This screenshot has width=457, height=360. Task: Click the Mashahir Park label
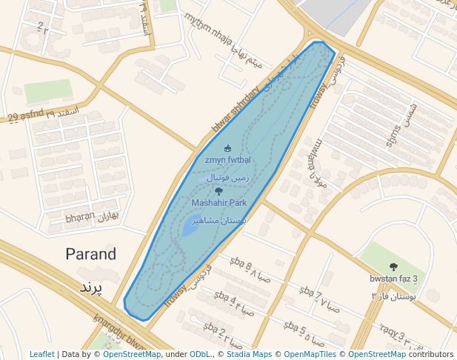click(219, 202)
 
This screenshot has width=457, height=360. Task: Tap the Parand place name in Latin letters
click(91, 254)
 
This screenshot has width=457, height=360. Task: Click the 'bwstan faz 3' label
click(394, 279)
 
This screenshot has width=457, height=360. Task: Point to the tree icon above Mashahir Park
click(218, 191)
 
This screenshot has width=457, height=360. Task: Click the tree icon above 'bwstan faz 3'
click(393, 267)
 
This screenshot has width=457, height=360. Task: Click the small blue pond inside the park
click(190, 227)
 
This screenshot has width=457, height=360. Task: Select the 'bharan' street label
click(80, 219)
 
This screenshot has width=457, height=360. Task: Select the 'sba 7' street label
click(307, 296)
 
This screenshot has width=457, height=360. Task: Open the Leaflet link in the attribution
click(41, 354)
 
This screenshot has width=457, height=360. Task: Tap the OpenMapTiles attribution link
click(310, 354)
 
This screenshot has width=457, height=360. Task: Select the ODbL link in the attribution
click(200, 354)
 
